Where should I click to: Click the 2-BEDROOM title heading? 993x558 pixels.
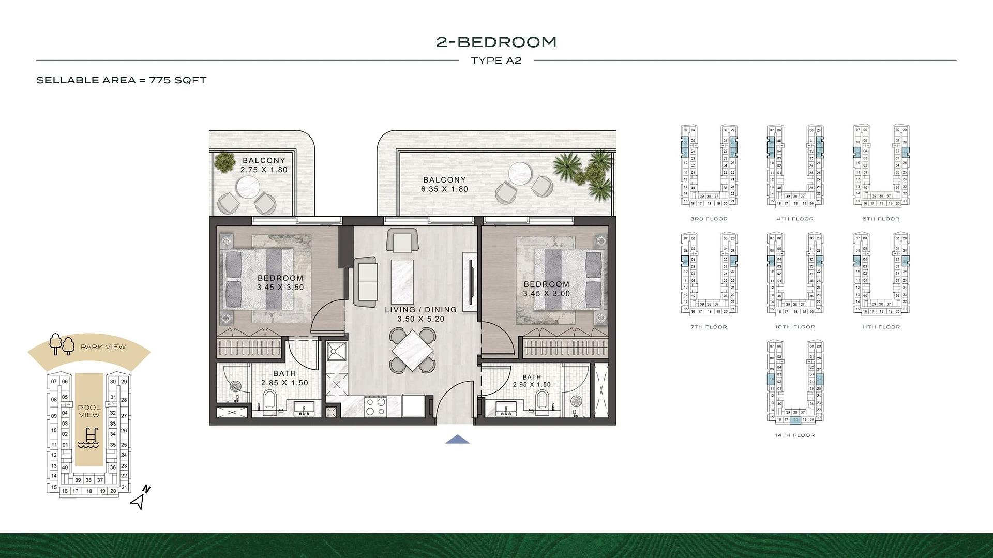(x=496, y=42)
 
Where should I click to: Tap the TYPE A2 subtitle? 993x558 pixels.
(x=496, y=61)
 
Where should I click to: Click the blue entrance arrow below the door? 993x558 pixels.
(x=457, y=440)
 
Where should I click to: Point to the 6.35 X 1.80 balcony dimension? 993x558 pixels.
(x=444, y=189)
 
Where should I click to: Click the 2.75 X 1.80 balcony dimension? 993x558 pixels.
(x=264, y=170)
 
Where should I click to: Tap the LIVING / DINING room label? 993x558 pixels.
(x=420, y=310)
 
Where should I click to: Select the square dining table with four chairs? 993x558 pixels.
(x=412, y=351)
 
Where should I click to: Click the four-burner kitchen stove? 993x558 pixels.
(x=375, y=406)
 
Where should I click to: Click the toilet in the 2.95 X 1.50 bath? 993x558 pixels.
(x=542, y=401)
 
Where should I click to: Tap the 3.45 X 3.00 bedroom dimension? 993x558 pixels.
(x=546, y=294)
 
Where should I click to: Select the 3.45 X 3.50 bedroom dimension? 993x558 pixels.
(x=280, y=288)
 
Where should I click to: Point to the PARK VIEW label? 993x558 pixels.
(x=103, y=347)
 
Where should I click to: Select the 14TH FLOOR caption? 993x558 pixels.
(x=794, y=435)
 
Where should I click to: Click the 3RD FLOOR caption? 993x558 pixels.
(x=709, y=219)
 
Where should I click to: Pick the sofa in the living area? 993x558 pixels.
(x=366, y=282)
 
